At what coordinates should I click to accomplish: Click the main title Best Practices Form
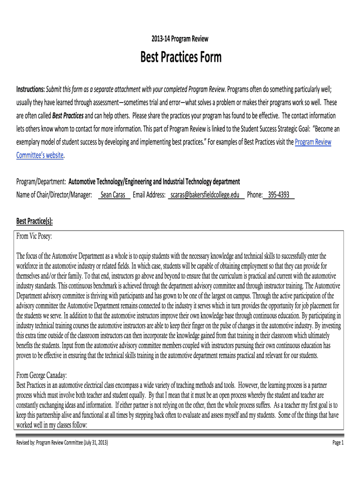181,58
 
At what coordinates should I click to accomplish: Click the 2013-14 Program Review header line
180,39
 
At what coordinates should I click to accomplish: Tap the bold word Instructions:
31,89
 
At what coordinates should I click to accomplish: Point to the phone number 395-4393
279,195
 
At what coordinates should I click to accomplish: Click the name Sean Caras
113,195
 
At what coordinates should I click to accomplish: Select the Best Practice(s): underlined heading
35,221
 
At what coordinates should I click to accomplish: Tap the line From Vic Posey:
35,237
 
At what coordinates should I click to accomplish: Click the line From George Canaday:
42,375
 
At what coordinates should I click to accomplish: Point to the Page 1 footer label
338,443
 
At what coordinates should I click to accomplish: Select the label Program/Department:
42,181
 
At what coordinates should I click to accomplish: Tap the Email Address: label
149,195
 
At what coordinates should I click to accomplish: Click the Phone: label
254,195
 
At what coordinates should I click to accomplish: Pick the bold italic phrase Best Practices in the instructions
68,116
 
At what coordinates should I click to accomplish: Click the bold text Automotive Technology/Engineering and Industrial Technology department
154,181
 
